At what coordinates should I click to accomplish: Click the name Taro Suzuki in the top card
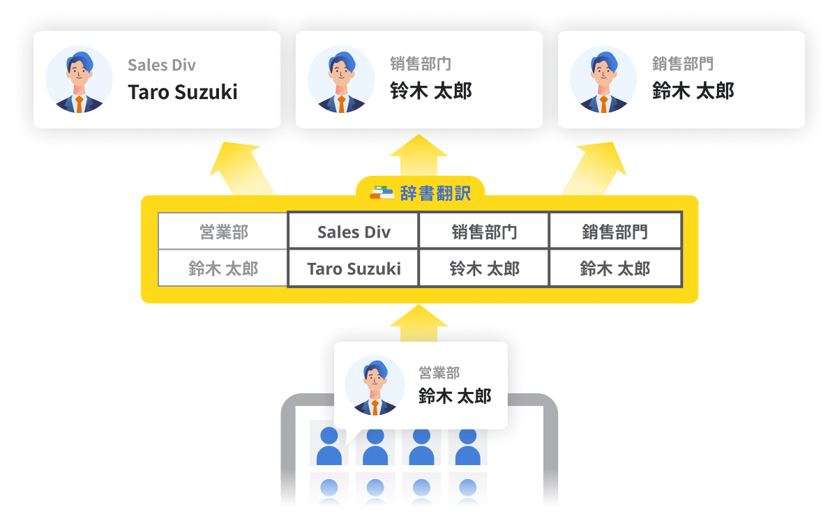tap(183, 92)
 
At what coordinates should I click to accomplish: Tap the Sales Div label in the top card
tap(162, 66)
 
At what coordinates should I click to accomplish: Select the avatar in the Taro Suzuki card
tap(79, 80)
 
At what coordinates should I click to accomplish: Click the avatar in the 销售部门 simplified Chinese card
tap(341, 80)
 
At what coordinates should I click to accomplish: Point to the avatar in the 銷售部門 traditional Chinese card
tap(603, 80)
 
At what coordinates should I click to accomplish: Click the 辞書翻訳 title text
tap(435, 193)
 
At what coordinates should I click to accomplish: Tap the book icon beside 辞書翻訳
tap(382, 192)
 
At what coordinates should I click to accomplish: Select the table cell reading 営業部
tap(223, 232)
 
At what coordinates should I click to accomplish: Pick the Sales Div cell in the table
tap(354, 232)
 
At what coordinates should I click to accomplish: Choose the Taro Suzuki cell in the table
tap(354, 268)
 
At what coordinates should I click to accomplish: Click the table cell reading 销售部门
tap(484, 232)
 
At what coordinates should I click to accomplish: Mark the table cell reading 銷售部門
tap(614, 232)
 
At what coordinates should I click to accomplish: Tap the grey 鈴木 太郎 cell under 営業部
tap(223, 268)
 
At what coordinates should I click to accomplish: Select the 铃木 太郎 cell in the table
tap(484, 268)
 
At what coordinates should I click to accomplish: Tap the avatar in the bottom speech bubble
tap(375, 386)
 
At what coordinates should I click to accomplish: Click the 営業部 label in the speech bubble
tap(439, 374)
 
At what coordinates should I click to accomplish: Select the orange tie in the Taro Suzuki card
tap(79, 104)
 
